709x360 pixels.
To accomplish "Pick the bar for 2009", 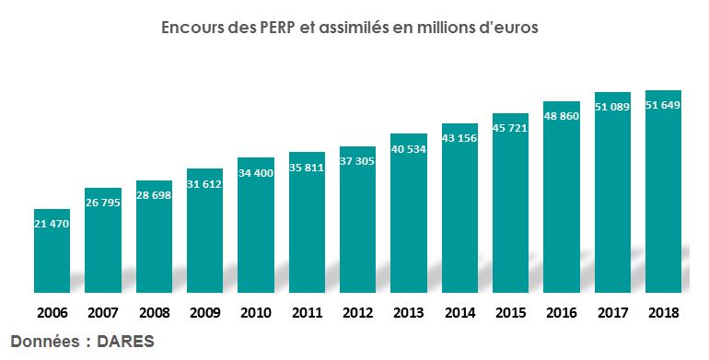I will tap(204, 230).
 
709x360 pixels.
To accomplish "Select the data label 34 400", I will tap(255, 174).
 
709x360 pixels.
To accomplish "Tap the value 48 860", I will tap(561, 117).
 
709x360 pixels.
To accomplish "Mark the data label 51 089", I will tap(612, 108).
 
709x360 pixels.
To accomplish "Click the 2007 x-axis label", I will tap(102, 313).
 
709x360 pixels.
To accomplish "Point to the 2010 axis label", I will tap(255, 313).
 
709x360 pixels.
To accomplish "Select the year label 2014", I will tap(459, 313).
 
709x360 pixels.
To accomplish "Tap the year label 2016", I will tap(561, 313).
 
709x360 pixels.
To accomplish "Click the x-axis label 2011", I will tap(307, 313).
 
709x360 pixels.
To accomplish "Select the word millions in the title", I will tap(458, 28).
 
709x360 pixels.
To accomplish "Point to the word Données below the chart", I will tap(45, 339).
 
